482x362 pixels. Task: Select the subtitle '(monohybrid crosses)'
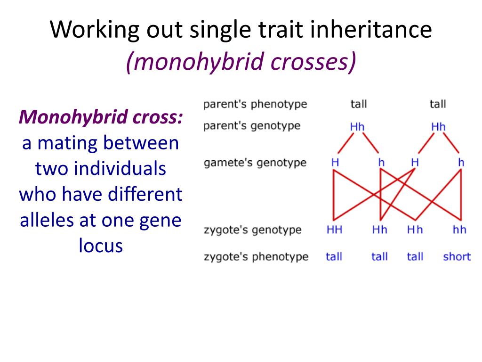pyautogui.click(x=241, y=62)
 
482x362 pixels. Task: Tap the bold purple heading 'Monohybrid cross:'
pyautogui.click(x=101, y=117)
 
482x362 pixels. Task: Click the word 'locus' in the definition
pyautogui.click(x=101, y=246)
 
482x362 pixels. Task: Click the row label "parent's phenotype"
pyautogui.click(x=255, y=104)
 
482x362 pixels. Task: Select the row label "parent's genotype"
pyautogui.click(x=252, y=126)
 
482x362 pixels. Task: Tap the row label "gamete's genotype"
pyautogui.click(x=255, y=163)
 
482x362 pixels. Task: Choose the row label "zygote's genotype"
pyautogui.click(x=252, y=230)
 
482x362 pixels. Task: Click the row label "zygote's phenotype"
pyautogui.click(x=256, y=257)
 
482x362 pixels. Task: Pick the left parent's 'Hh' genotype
pyautogui.click(x=357, y=127)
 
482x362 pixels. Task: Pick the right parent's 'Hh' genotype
pyautogui.click(x=438, y=127)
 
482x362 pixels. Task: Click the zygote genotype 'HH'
pyautogui.click(x=334, y=230)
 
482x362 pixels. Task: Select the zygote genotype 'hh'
pyautogui.click(x=459, y=230)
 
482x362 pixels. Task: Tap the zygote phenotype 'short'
pyautogui.click(x=457, y=257)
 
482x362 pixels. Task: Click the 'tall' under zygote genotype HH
pyautogui.click(x=334, y=257)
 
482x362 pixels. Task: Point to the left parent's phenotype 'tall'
pyautogui.click(x=358, y=104)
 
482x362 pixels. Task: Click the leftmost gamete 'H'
pyautogui.click(x=335, y=163)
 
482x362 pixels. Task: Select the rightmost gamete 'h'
pyautogui.click(x=461, y=163)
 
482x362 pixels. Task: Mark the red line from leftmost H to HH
pyautogui.click(x=334, y=193)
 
